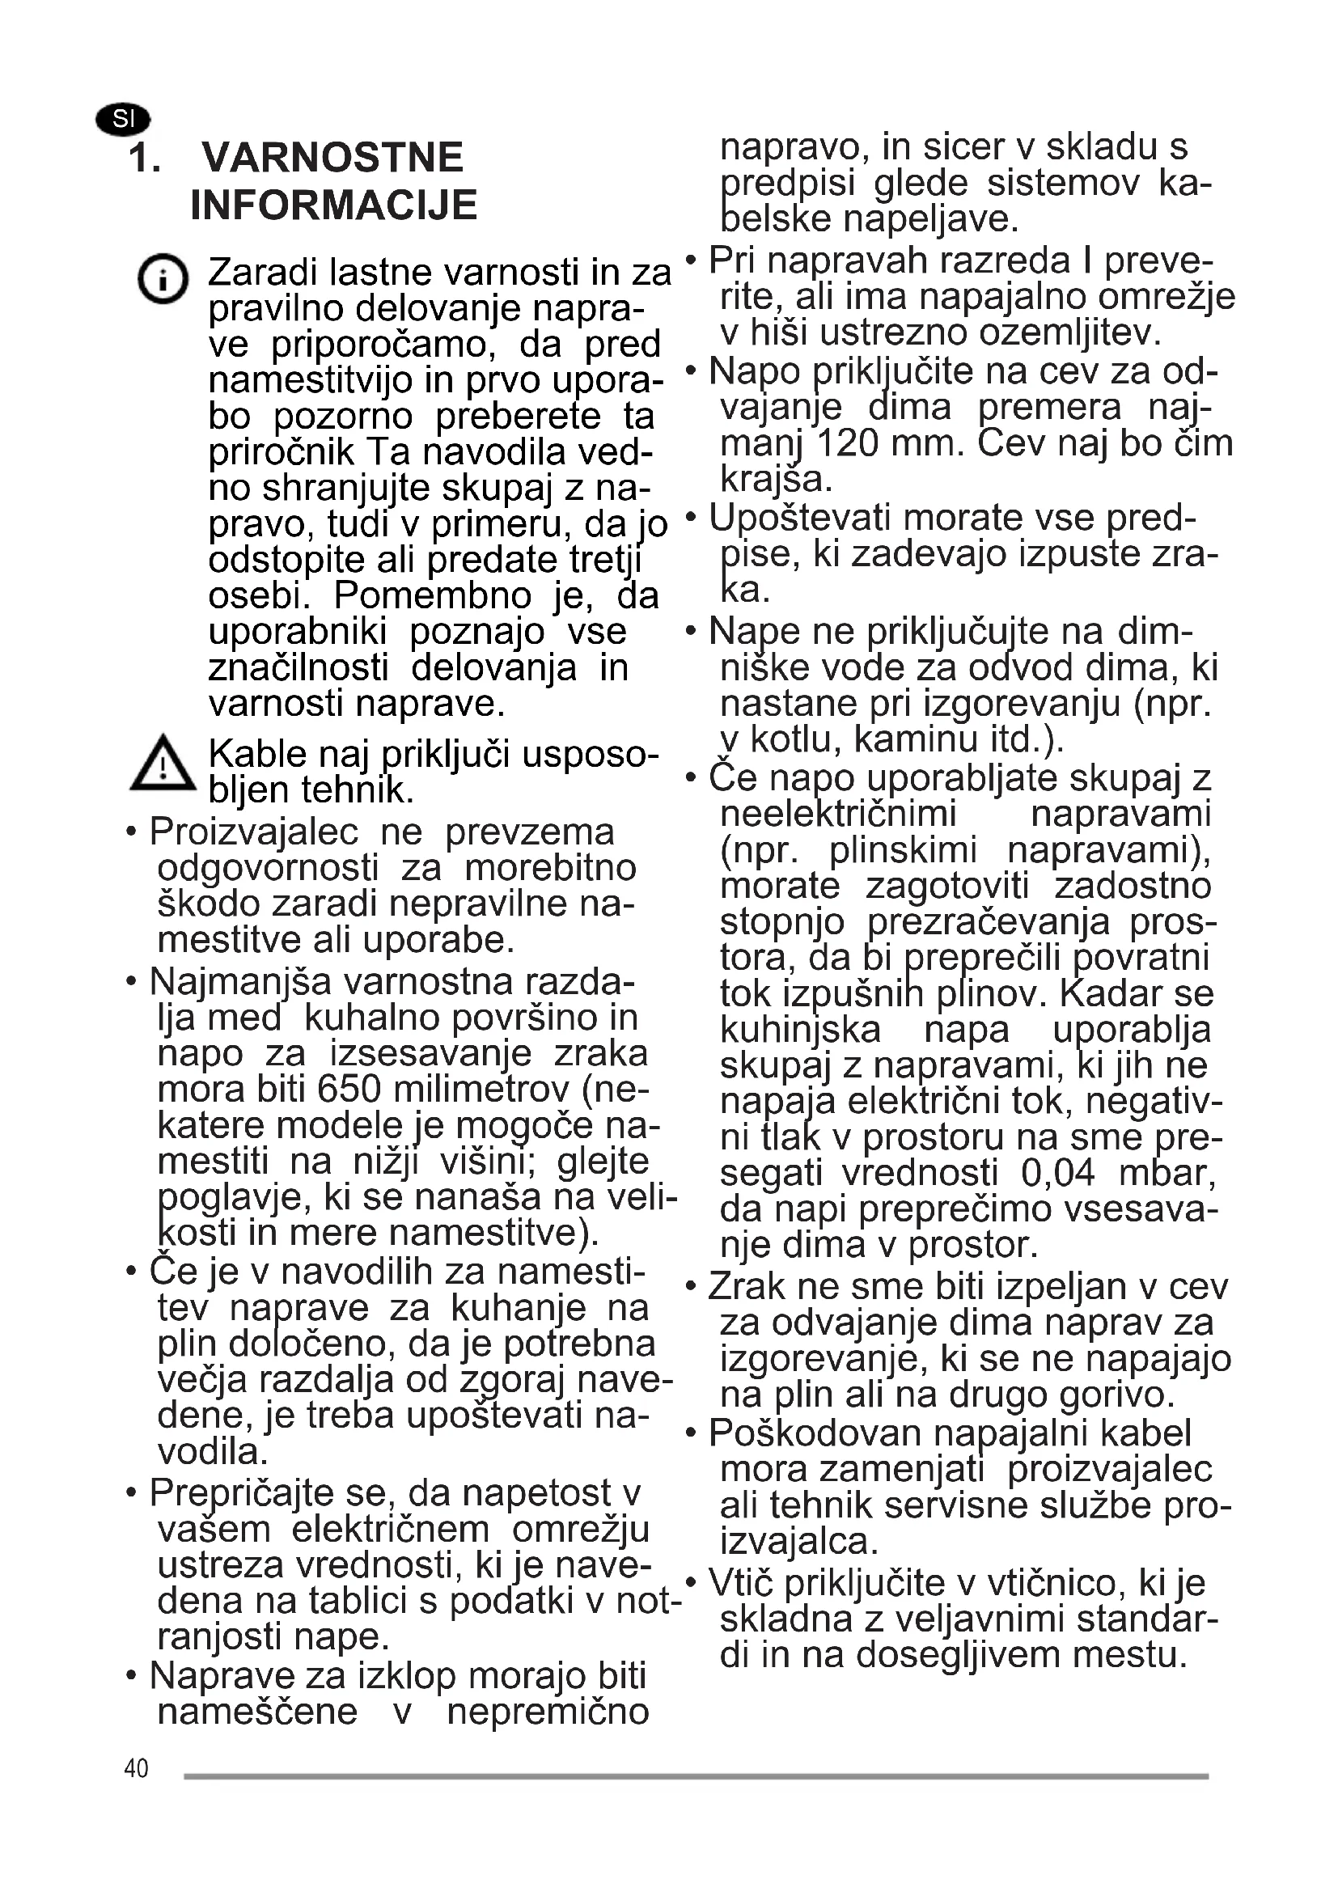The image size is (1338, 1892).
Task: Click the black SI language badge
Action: [x=123, y=120]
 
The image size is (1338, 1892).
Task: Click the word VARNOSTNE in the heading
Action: [x=332, y=158]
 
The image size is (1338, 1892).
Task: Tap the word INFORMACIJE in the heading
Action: [x=333, y=205]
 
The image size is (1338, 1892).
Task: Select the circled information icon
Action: [x=163, y=278]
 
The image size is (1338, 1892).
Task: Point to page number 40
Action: [x=136, y=1768]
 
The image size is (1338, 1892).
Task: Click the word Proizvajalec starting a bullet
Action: [x=254, y=832]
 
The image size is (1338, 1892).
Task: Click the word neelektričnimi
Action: [x=838, y=815]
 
